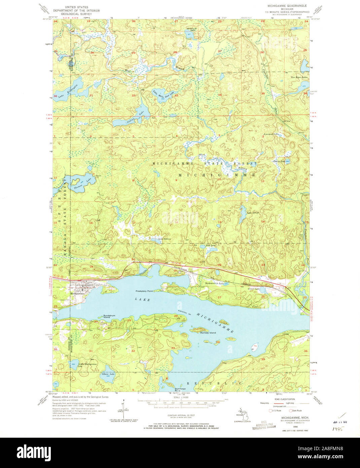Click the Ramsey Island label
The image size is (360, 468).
coord(208,333)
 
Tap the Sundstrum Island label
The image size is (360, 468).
coord(109,316)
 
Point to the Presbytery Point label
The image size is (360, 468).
coord(144,291)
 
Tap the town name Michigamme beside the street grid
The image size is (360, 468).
coord(77,293)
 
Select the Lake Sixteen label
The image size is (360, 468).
coord(165,239)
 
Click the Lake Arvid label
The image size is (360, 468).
coord(252,213)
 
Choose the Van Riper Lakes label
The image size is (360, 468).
coord(299,77)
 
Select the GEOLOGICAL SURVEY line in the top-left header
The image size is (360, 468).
coord(78,14)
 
